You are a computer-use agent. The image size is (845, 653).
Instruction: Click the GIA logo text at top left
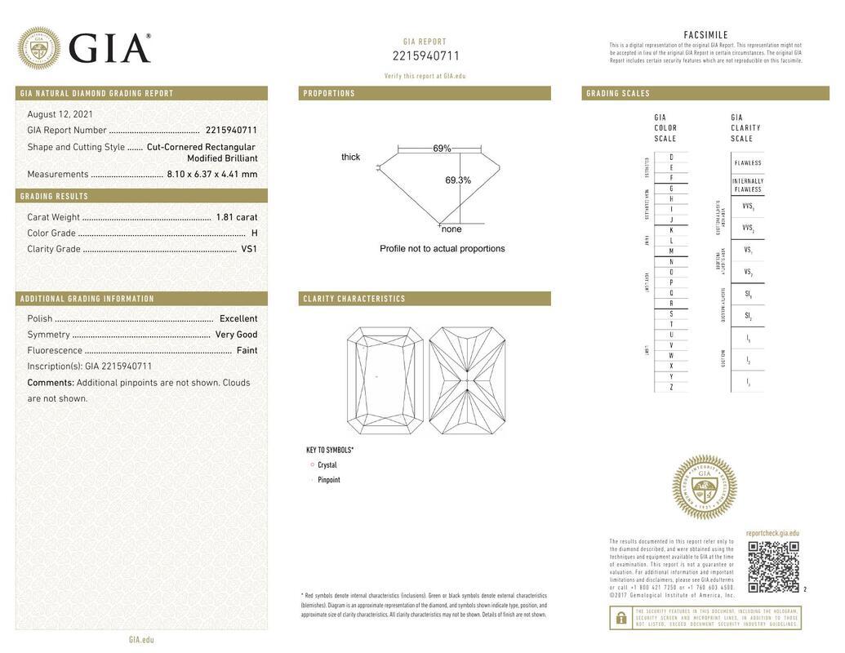point(109,49)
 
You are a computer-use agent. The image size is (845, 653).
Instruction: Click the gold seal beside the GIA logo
point(38,48)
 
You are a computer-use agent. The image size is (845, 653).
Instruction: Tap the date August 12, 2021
point(60,114)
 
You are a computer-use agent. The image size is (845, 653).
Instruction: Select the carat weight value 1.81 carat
point(236,217)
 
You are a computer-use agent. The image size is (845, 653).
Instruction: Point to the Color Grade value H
point(254,233)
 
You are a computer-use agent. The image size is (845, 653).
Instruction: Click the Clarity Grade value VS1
point(249,249)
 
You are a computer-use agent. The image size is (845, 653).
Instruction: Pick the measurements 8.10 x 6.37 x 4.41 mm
point(212,174)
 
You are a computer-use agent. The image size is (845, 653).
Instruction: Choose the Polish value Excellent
point(238,318)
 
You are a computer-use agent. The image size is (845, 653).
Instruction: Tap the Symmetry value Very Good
point(236,335)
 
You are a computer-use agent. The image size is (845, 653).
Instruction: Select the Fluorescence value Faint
point(247,350)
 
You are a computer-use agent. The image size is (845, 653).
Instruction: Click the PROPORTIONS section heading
point(330,94)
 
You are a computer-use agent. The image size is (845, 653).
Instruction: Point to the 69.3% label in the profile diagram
point(458,180)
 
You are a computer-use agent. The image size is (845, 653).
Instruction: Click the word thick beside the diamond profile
point(350,157)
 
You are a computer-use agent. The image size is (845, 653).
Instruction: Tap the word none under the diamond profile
point(451,229)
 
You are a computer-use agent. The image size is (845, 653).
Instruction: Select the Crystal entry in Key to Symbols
point(327,465)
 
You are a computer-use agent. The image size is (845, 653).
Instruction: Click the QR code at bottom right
point(773,566)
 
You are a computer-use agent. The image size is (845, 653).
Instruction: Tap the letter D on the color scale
point(671,157)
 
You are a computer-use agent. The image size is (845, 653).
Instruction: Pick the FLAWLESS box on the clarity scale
point(747,163)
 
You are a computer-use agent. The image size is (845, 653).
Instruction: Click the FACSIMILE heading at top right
point(705,35)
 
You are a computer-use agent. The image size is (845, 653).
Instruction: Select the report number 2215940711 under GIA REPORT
point(425,56)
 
